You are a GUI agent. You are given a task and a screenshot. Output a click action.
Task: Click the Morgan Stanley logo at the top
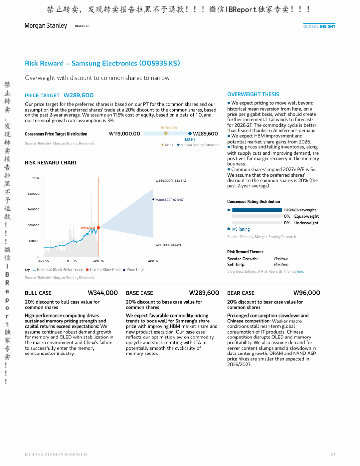(46, 26)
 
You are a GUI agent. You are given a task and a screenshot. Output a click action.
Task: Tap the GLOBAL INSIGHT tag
(319, 26)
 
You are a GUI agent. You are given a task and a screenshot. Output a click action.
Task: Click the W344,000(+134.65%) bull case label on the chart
(171, 180)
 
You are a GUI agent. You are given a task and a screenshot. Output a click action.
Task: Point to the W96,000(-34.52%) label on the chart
(169, 245)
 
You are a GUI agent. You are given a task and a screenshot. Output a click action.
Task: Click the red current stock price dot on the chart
(98, 228)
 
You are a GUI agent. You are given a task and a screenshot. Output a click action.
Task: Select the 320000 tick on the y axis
(33, 193)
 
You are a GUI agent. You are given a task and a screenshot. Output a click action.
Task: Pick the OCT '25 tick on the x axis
(71, 261)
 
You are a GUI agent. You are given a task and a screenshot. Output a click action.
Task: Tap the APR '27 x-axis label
(153, 261)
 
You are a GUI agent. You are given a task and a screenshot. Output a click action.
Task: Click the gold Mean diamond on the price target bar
(166, 133)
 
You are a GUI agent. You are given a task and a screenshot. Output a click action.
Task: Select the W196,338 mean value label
(169, 128)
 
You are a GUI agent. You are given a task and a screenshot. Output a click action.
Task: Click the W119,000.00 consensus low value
(124, 133)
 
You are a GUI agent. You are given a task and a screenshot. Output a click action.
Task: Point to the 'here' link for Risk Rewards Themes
(300, 271)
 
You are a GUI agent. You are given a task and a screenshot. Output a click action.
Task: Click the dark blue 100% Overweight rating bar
(257, 210)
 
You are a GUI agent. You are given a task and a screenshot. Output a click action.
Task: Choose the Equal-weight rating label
(306, 216)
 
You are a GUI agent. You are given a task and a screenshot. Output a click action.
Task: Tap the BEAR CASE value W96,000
(307, 293)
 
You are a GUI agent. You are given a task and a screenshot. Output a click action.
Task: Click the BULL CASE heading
(38, 293)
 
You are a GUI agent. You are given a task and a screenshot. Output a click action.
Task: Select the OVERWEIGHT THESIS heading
(253, 94)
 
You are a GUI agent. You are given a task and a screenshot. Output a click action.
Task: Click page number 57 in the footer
(333, 454)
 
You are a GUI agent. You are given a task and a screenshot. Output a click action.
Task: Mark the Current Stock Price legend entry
(103, 270)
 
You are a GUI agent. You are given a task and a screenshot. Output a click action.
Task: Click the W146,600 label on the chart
(88, 228)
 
